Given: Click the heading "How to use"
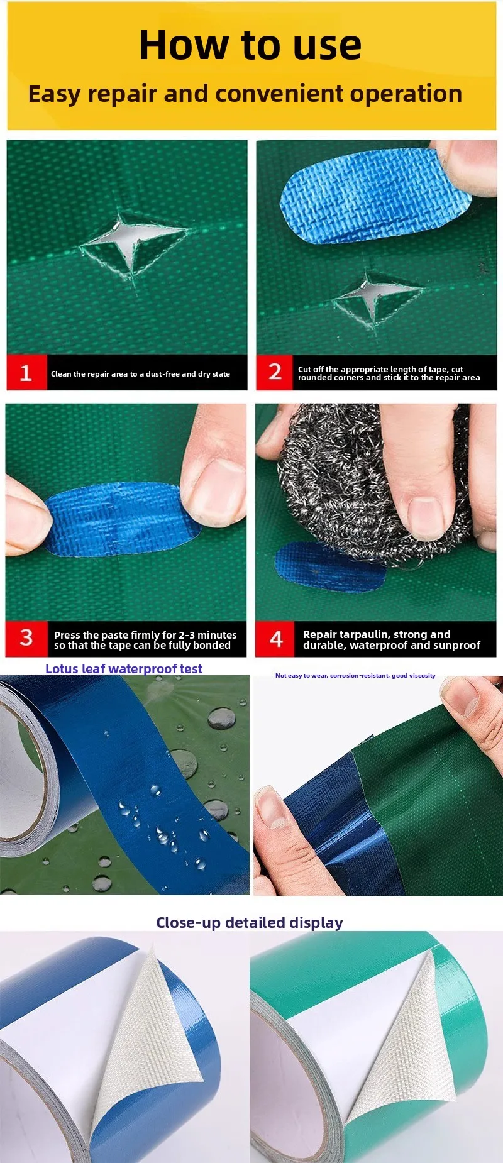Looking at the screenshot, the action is [250, 45].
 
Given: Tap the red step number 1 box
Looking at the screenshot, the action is [26, 373].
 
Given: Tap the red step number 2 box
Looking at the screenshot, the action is [275, 372].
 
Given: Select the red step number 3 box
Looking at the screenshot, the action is [26, 639].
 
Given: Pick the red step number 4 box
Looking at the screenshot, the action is [276, 639].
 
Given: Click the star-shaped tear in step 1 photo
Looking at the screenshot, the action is [133, 245].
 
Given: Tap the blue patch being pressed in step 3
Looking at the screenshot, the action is [123, 519].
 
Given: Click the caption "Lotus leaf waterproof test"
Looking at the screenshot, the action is [124, 669].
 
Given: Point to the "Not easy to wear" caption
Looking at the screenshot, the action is [355, 676].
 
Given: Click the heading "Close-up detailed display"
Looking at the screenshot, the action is [250, 922].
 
